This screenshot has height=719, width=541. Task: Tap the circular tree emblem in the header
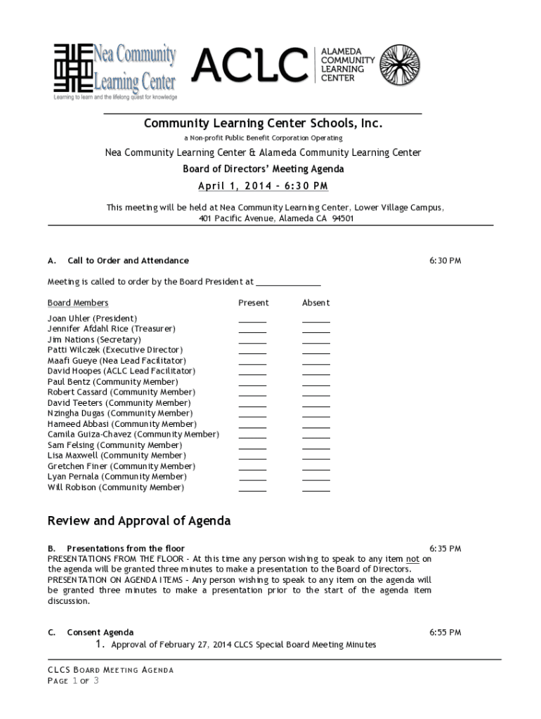point(400,65)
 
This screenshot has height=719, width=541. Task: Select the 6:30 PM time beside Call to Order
point(445,260)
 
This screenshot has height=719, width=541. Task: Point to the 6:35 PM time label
point(445,548)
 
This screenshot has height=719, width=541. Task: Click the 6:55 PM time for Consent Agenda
point(445,633)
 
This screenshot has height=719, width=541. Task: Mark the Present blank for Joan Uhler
point(252,320)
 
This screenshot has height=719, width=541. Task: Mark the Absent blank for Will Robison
point(315,489)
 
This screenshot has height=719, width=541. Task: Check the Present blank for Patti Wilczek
point(252,352)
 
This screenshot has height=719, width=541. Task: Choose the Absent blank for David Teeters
point(315,404)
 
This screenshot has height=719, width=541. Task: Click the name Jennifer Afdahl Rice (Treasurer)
point(112,329)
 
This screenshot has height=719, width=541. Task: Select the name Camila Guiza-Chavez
point(133,435)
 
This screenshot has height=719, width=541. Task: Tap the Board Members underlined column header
point(78,303)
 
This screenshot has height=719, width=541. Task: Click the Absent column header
point(315,303)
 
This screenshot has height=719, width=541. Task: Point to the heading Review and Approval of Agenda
point(139,521)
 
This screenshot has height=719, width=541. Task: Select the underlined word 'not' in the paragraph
point(413,559)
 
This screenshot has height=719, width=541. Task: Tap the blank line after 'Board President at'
point(288,282)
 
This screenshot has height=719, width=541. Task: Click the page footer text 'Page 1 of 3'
point(73,681)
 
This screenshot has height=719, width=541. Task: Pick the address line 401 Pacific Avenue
point(276,218)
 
